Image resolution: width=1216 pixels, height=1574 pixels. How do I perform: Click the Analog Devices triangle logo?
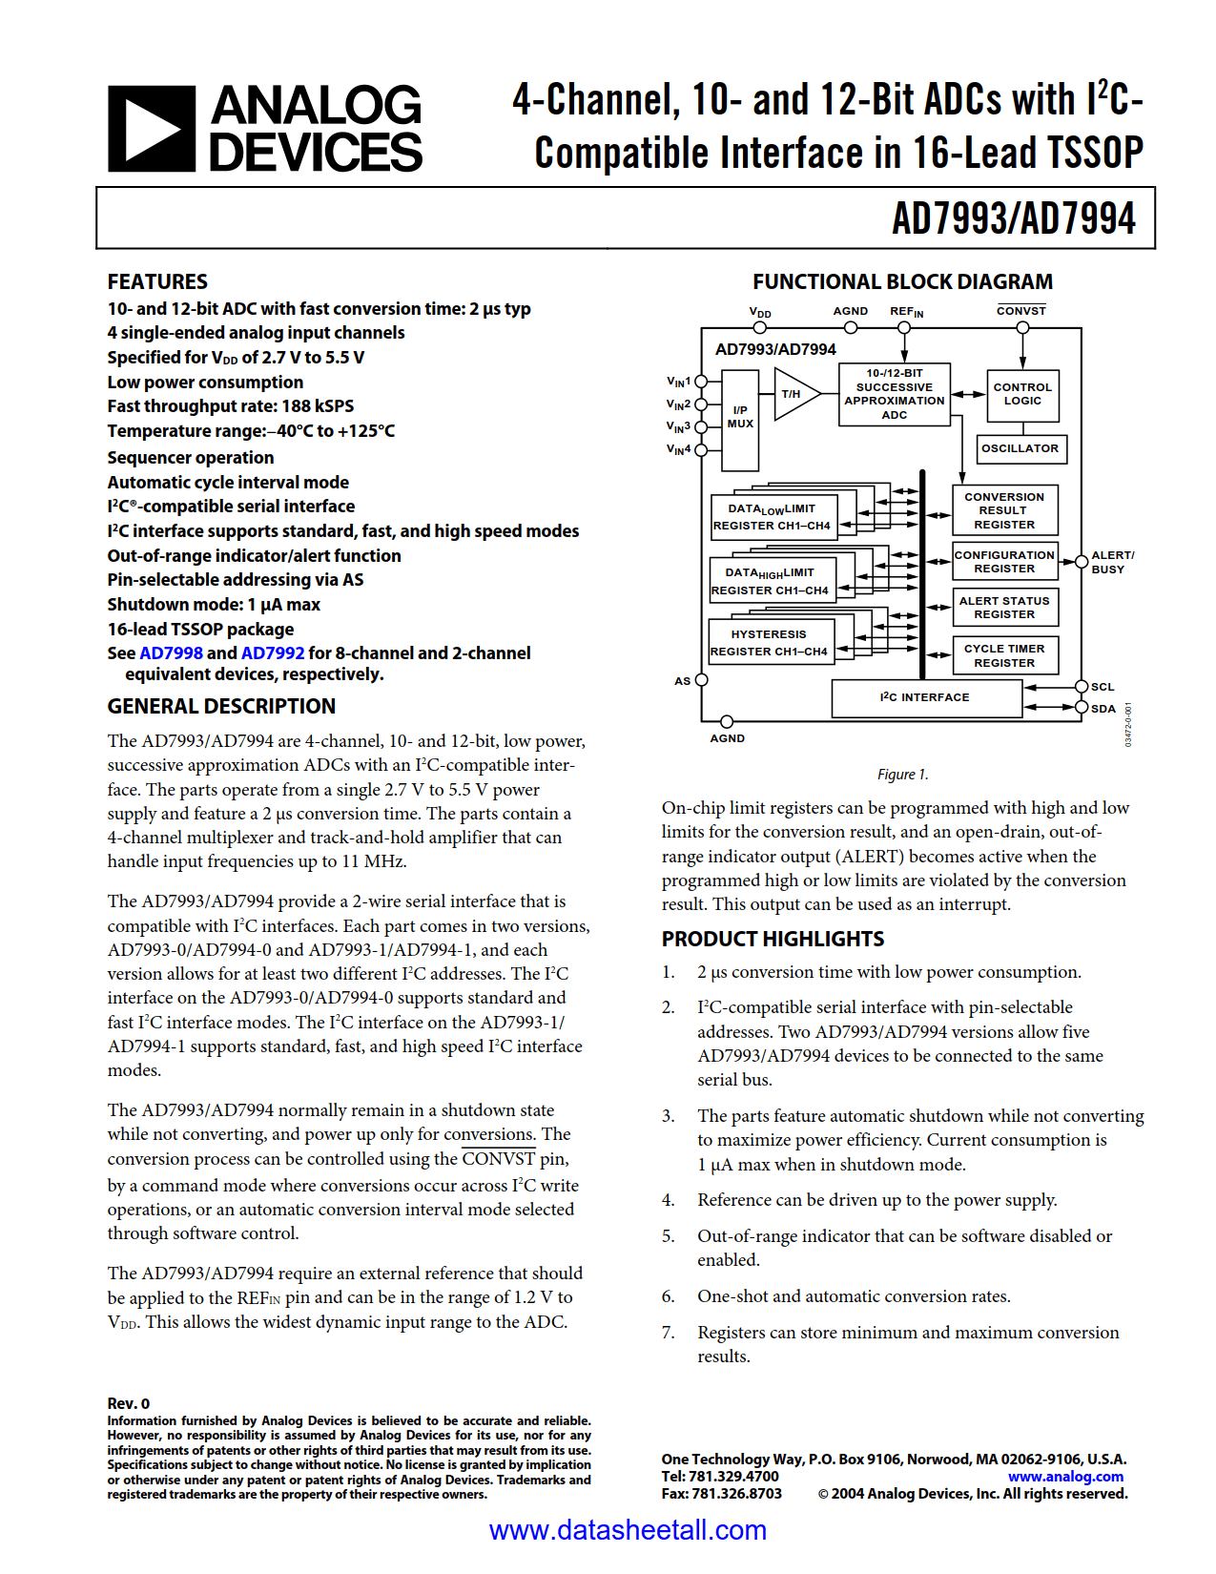(x=151, y=129)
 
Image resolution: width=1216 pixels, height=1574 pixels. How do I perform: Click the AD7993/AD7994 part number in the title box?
(x=1013, y=218)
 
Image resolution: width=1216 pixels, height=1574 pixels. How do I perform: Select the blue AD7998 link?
(x=171, y=653)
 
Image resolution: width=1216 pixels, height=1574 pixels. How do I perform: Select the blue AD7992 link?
(x=273, y=653)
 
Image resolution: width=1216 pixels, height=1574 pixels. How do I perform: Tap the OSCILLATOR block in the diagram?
(x=1020, y=448)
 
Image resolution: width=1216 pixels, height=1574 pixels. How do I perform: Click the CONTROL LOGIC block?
(x=1022, y=394)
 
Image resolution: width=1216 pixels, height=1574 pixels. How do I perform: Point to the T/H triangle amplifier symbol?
(x=793, y=394)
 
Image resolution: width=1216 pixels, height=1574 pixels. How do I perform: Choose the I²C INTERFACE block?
(x=925, y=697)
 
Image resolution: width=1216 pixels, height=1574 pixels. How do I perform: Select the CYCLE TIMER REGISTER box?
(x=1004, y=655)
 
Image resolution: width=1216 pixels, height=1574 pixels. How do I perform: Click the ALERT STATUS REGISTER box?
(x=1004, y=608)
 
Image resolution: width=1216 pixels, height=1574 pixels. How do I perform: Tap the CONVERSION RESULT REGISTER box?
(x=1004, y=510)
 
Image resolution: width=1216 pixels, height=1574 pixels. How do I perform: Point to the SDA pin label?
(x=1103, y=709)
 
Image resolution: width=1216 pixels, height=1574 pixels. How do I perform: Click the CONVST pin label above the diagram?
(x=1021, y=311)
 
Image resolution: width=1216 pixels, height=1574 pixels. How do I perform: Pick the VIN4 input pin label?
(x=679, y=449)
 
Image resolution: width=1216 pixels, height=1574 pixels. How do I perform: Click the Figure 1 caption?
(x=902, y=775)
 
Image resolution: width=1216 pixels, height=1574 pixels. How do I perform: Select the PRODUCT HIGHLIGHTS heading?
(x=773, y=939)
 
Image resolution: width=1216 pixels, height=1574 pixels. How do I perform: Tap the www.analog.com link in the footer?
(x=1065, y=1477)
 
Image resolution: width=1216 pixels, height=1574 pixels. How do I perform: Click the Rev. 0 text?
(x=129, y=1403)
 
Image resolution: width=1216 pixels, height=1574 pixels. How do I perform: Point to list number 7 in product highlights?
(x=668, y=1333)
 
